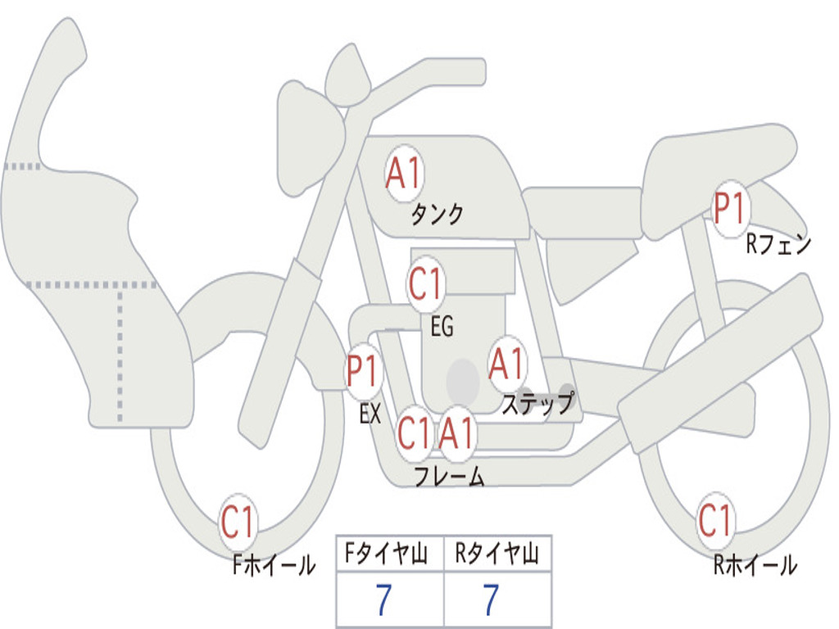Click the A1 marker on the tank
(403, 174)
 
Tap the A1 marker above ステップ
(506, 364)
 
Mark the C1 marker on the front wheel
(238, 522)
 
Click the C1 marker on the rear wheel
(715, 520)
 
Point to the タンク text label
(437, 215)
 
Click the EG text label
(442, 327)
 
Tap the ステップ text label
(537, 404)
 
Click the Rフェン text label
(778, 244)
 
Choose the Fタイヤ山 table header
(389, 555)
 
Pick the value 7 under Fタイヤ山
(383, 601)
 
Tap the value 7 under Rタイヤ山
(490, 601)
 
